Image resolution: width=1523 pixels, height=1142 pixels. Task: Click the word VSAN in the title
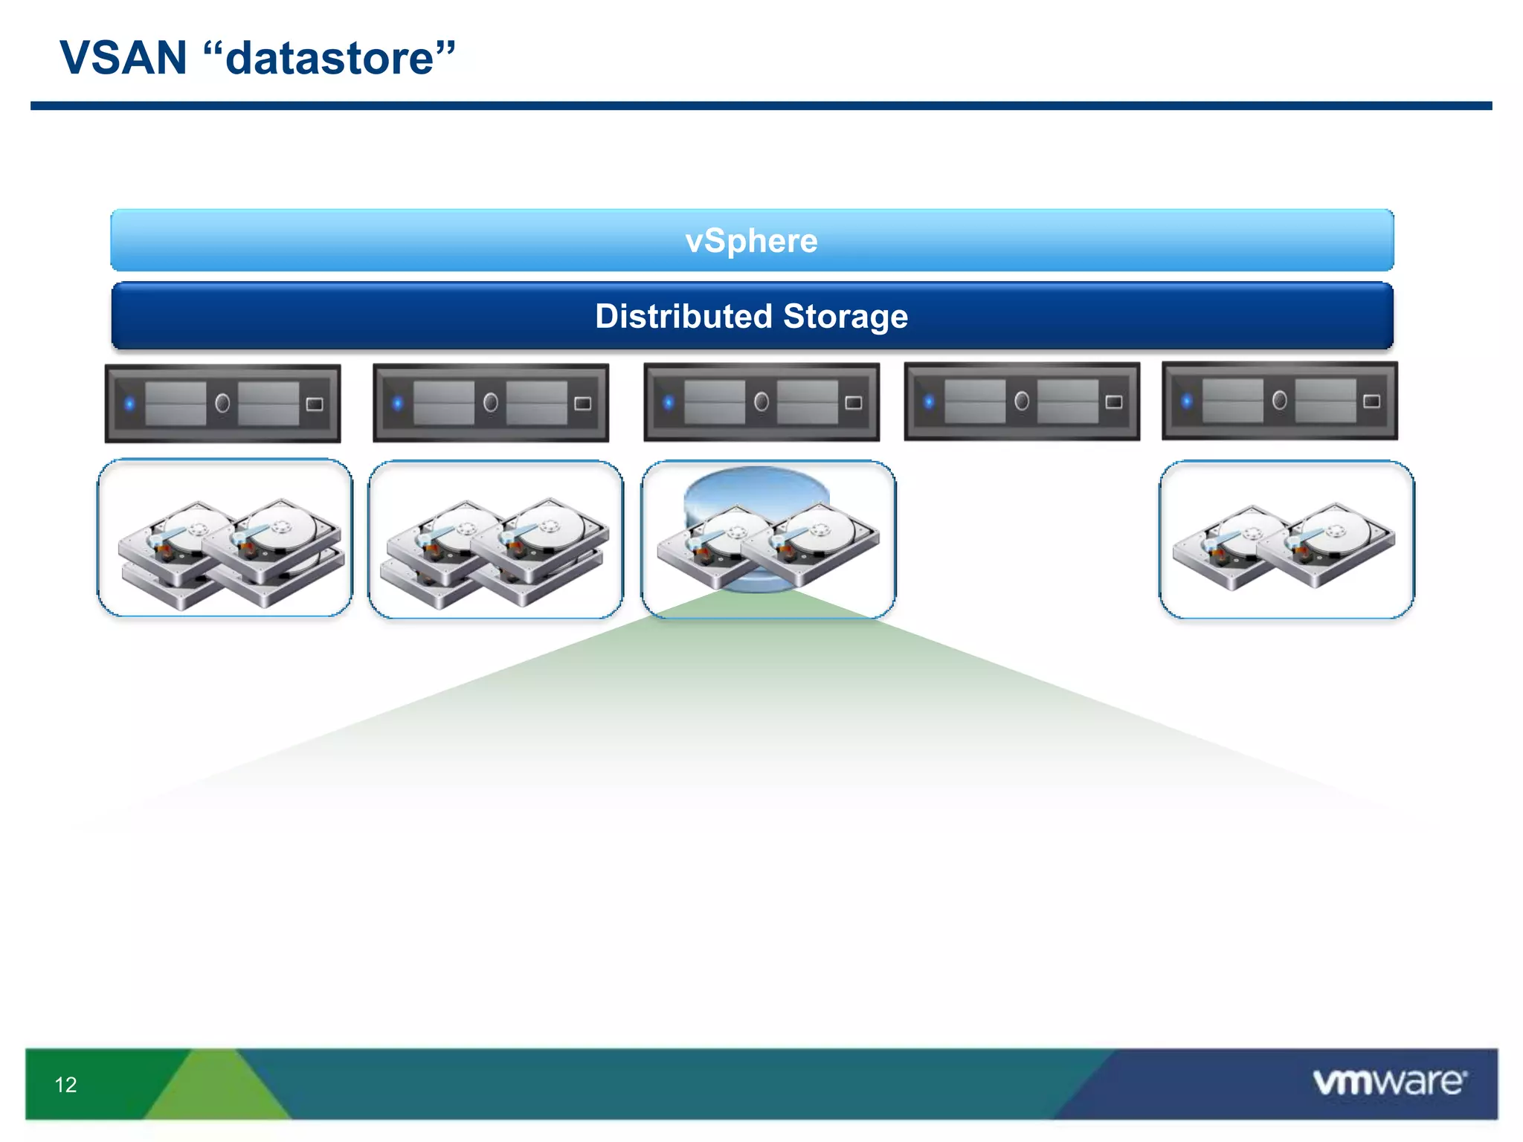[x=123, y=58]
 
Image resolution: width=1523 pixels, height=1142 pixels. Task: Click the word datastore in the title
[x=329, y=58]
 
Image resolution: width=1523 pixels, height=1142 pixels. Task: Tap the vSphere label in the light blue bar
[x=751, y=241]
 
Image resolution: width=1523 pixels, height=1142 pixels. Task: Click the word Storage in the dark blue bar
[x=846, y=316]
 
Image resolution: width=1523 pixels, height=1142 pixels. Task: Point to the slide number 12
[x=65, y=1085]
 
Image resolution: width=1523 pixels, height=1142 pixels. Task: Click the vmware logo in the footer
[x=1389, y=1082]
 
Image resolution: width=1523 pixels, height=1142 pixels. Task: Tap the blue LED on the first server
[x=130, y=404]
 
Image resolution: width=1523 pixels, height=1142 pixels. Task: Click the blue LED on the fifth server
[x=1187, y=401]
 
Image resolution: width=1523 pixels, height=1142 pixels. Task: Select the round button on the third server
[x=761, y=402]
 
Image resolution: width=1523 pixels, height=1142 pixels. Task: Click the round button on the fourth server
[x=1022, y=401]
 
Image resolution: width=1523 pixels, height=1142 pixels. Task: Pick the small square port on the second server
[x=583, y=404]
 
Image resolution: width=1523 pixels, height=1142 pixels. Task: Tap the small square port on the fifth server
[x=1371, y=401]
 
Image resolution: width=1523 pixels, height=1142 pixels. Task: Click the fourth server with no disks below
[x=1022, y=401]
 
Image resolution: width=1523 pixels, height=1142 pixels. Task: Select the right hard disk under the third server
[x=814, y=543]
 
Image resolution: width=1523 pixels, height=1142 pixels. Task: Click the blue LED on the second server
[x=398, y=404]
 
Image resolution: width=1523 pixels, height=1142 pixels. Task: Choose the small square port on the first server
[x=315, y=404]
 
